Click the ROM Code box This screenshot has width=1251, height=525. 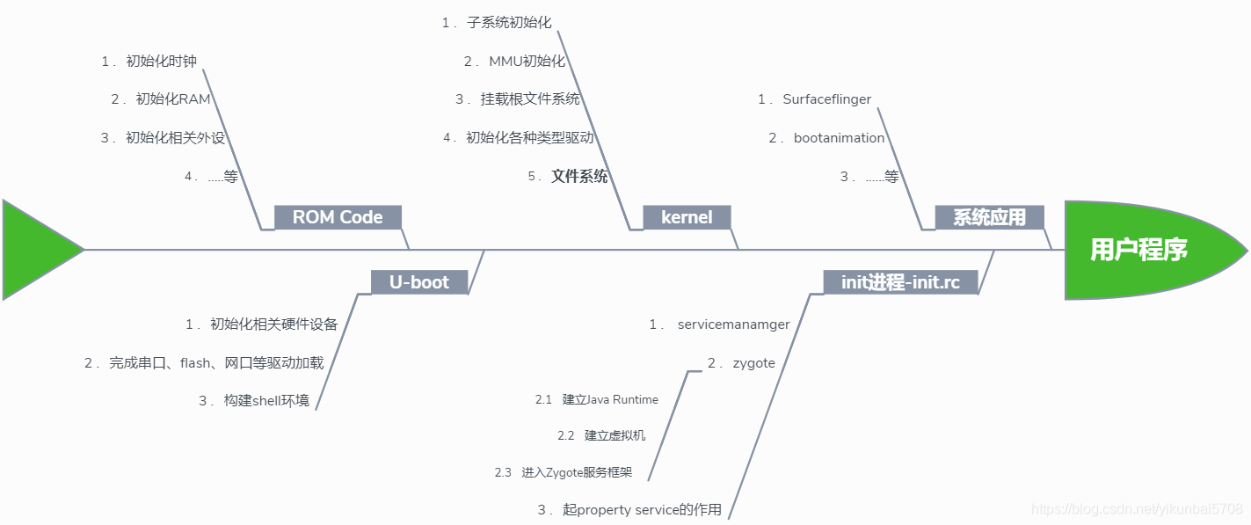point(338,217)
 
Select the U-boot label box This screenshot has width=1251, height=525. point(418,282)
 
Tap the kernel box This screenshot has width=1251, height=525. point(687,217)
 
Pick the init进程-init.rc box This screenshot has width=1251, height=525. point(900,282)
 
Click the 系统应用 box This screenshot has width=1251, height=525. point(989,217)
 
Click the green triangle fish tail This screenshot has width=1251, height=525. point(35,250)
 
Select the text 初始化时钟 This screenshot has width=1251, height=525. point(161,61)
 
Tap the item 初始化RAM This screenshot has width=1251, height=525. point(173,99)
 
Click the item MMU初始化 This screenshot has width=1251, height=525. point(527,61)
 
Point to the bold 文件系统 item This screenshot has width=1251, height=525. point(579,177)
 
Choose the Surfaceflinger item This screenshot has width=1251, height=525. point(826,99)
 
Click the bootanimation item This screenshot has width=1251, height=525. point(839,138)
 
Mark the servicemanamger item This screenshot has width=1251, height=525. point(733,324)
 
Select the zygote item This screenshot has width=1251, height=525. point(753,363)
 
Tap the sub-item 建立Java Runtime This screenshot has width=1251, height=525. point(610,399)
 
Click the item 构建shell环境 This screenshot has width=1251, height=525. point(266,401)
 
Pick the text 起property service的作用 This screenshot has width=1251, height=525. point(642,510)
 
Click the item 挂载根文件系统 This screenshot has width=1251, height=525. point(530,99)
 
